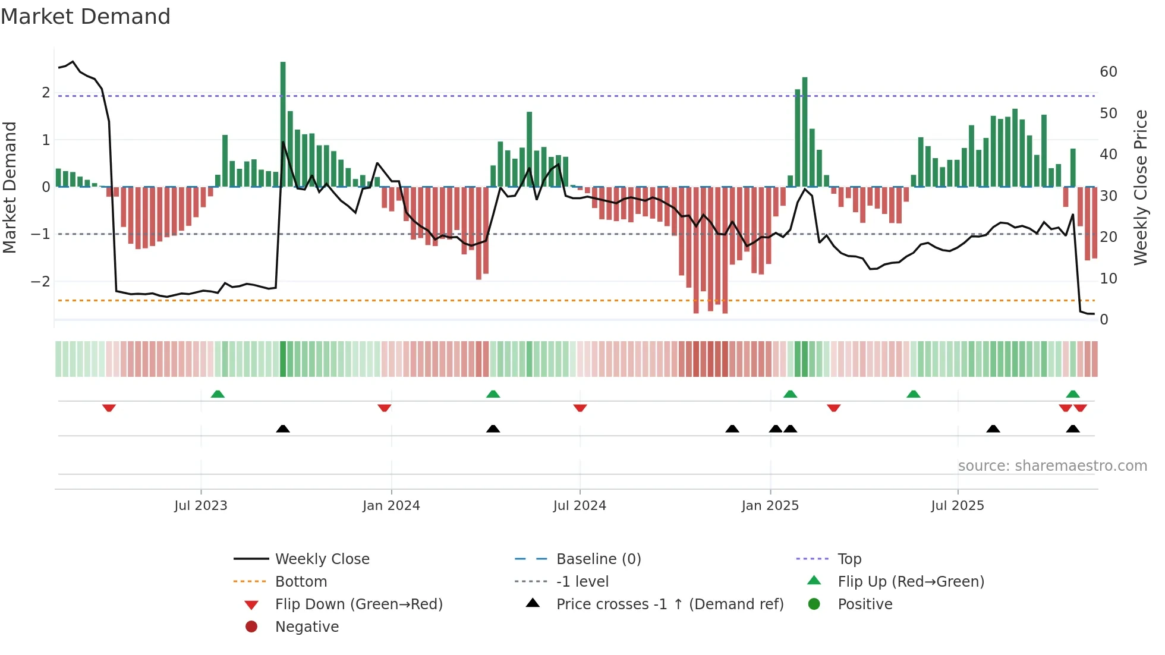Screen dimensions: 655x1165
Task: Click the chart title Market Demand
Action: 86,17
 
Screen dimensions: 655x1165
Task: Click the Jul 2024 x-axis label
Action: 580,506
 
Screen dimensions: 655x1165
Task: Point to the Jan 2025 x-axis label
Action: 770,506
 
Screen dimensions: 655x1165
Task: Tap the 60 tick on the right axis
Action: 1108,72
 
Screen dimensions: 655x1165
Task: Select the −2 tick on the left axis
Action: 40,281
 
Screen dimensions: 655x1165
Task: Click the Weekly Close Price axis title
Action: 1140,187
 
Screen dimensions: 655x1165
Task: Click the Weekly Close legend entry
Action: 322,559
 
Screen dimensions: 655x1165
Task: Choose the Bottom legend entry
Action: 301,582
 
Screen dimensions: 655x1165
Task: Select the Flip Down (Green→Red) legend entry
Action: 358,604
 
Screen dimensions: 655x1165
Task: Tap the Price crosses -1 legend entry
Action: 669,604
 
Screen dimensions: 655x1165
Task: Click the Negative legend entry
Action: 307,627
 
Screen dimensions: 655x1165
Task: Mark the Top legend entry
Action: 849,559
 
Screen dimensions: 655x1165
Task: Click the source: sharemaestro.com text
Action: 1052,466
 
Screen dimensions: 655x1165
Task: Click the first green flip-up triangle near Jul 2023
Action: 218,394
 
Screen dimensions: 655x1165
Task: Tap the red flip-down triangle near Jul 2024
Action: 580,408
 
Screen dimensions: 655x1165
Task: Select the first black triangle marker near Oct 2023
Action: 283,429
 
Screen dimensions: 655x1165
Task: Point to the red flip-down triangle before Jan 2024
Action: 384,408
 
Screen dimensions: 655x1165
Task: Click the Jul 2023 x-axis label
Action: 201,506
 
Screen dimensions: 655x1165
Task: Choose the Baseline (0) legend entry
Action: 598,559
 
